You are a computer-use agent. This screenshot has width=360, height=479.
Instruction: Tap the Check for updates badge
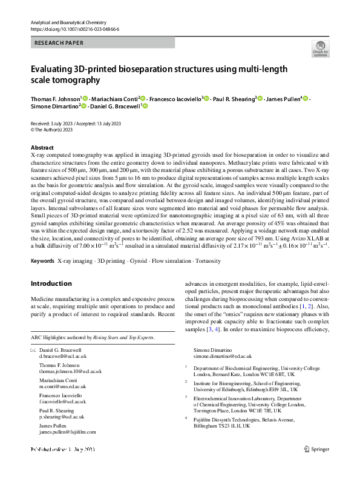(320, 48)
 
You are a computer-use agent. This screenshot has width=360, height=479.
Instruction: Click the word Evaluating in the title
(55, 68)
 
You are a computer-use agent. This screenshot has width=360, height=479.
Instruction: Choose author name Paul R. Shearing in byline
(234, 99)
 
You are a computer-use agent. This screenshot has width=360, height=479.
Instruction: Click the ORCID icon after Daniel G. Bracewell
(145, 107)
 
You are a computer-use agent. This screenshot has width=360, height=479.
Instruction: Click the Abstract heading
(42, 148)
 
